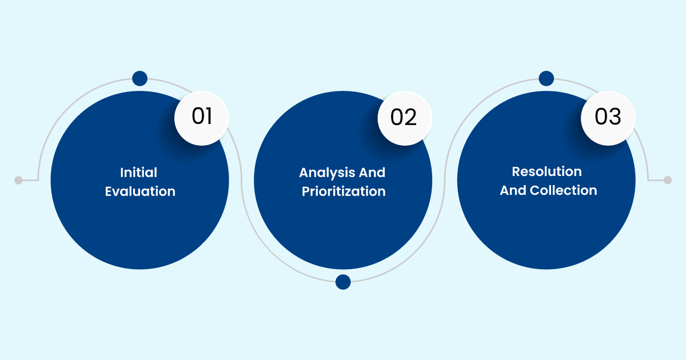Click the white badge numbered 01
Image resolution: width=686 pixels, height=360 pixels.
click(x=201, y=117)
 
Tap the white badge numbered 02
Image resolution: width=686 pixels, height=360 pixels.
click(x=405, y=117)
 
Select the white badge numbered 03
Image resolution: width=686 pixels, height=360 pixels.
click(x=608, y=117)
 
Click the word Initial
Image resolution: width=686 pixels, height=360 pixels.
click(x=138, y=173)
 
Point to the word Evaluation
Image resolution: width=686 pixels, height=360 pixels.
click(x=140, y=191)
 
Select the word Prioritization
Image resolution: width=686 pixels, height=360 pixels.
click(x=344, y=191)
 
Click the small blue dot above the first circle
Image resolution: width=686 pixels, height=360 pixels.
click(x=139, y=79)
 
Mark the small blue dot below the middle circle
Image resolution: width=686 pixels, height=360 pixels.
click(x=343, y=282)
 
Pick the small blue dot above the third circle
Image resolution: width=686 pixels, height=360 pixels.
click(x=547, y=79)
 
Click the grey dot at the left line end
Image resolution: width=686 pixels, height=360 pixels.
click(x=18, y=180)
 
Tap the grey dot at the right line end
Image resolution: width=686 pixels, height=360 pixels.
click(x=667, y=180)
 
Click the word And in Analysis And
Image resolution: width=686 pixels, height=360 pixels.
click(x=373, y=173)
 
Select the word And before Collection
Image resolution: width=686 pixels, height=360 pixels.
click(x=513, y=190)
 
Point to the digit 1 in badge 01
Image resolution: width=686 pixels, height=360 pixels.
click(x=209, y=117)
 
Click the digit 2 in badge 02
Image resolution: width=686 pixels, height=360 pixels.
click(x=412, y=117)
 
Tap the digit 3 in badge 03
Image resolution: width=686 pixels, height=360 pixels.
click(x=615, y=117)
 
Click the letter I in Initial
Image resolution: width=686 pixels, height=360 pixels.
click(x=122, y=173)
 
